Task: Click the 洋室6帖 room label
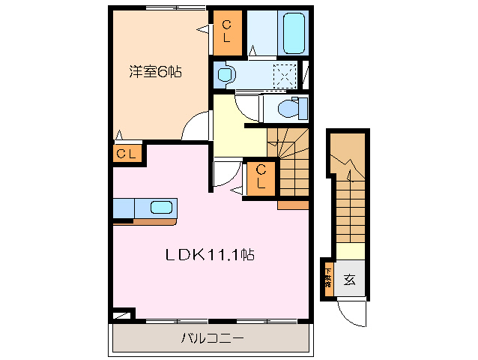pyautogui.click(x=155, y=73)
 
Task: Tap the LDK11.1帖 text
pyautogui.click(x=209, y=255)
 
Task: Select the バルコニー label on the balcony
pyautogui.click(x=212, y=338)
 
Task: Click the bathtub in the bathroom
pyautogui.click(x=294, y=33)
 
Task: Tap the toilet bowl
pyautogui.click(x=288, y=109)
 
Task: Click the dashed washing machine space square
pyautogui.click(x=285, y=75)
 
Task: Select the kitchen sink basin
pyautogui.click(x=162, y=208)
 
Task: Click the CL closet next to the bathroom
pyautogui.click(x=226, y=34)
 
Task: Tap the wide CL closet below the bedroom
pyautogui.click(x=126, y=154)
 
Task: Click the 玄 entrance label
pyautogui.click(x=349, y=280)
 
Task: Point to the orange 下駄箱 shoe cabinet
pyautogui.click(x=328, y=279)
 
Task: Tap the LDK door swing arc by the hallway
pyautogui.click(x=225, y=174)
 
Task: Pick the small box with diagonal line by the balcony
pyautogui.click(x=122, y=316)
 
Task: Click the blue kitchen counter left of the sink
pyautogui.click(x=124, y=208)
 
